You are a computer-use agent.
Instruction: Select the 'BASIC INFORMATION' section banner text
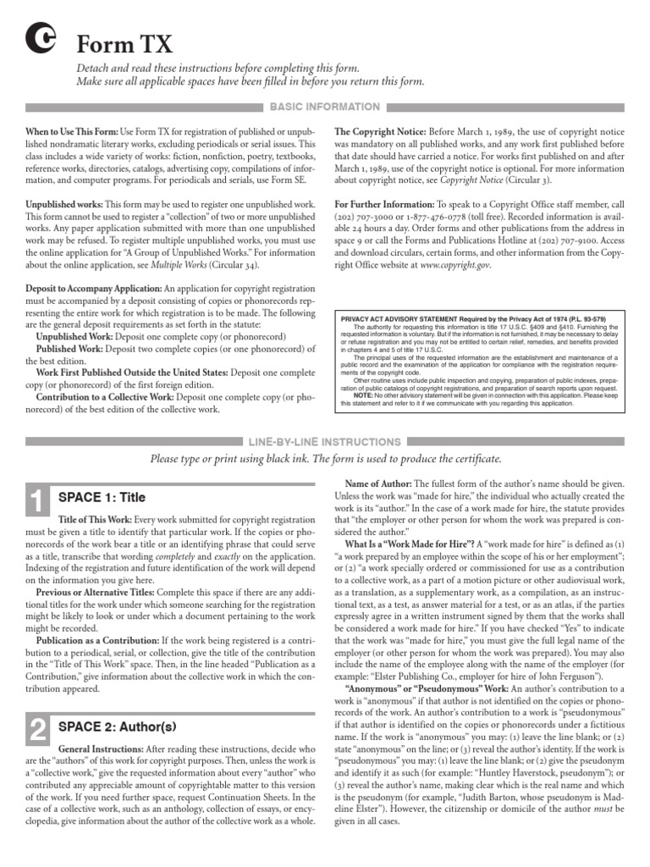(324, 108)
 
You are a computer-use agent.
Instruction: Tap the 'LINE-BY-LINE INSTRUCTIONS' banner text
(324, 442)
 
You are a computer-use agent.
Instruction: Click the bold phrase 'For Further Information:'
(384, 205)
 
